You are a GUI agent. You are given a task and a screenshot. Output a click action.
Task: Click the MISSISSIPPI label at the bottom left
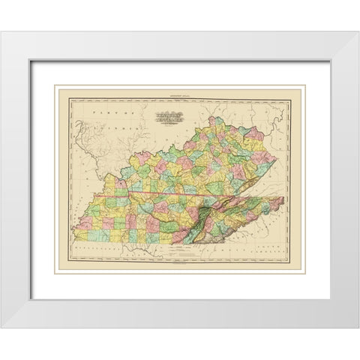point(96,253)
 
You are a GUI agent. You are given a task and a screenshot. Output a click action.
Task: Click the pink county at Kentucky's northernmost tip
point(217,119)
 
